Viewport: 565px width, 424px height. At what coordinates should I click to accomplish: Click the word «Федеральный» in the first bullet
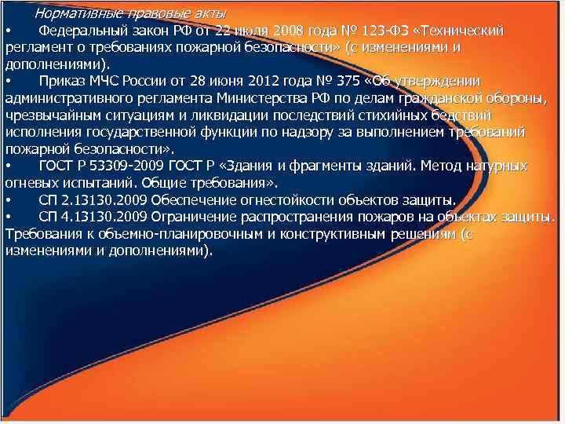click(78, 31)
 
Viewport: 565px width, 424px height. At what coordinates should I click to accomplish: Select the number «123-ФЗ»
click(379, 31)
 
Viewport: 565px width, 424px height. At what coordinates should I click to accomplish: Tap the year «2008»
click(284, 31)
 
